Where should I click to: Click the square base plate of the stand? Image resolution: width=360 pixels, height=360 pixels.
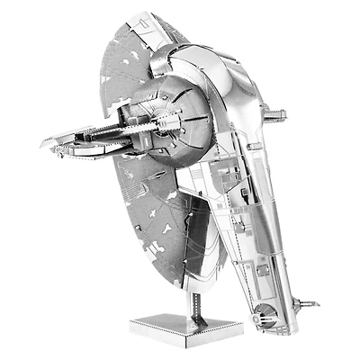pyautogui.click(x=160, y=321)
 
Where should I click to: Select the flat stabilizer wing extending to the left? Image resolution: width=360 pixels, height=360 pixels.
pyautogui.click(x=81, y=139)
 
